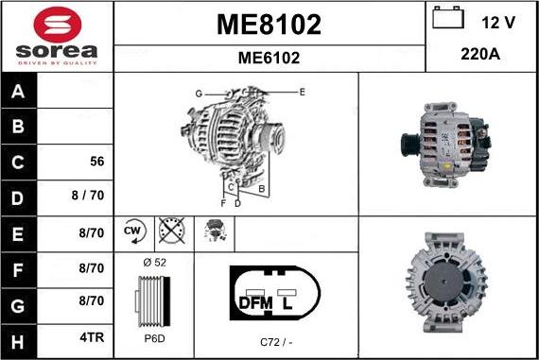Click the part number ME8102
(269, 24)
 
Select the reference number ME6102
(269, 58)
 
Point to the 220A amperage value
(480, 55)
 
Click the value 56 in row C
(96, 162)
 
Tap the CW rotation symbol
(132, 231)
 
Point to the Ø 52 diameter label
(153, 263)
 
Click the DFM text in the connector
(255, 302)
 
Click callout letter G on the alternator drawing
(199, 94)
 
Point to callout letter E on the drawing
(302, 92)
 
